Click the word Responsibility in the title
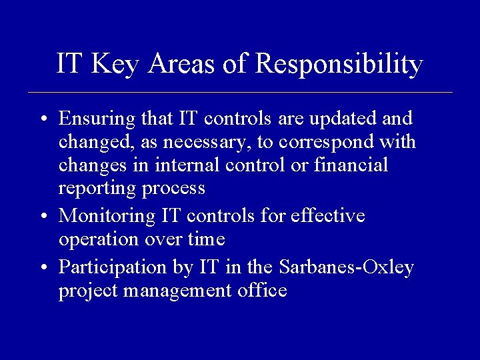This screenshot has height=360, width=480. [x=339, y=64]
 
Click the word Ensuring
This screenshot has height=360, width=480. [x=97, y=119]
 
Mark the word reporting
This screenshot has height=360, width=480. [x=98, y=189]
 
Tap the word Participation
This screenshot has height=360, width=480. [x=109, y=267]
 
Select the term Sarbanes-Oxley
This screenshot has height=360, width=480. [x=346, y=267]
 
